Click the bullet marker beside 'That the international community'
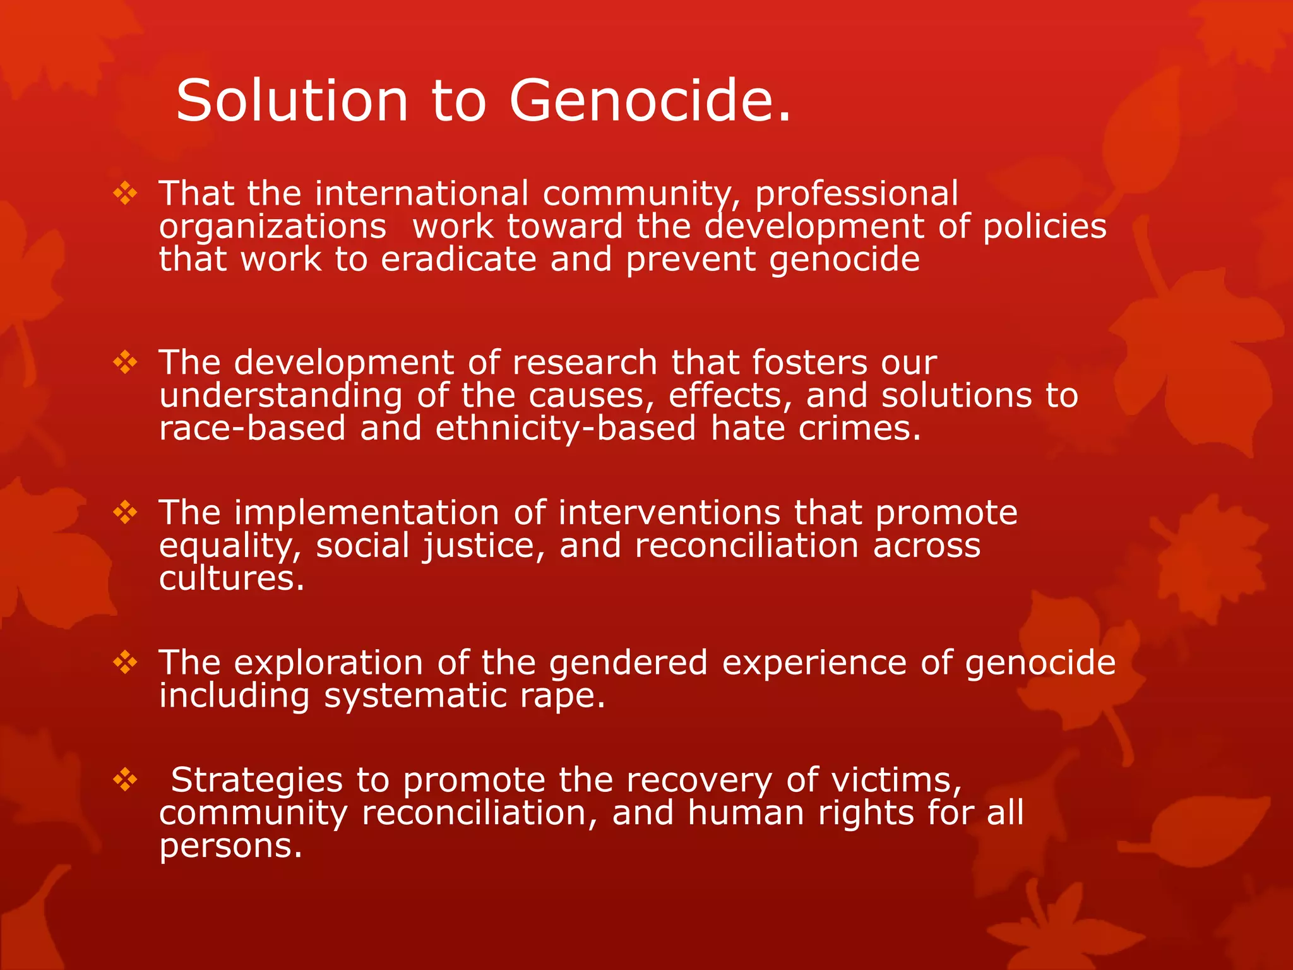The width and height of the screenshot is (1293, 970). [125, 193]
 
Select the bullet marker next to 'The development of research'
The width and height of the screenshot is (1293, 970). [125, 362]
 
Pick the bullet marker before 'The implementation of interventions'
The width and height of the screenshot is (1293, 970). [125, 512]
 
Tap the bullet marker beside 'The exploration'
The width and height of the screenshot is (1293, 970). [125, 662]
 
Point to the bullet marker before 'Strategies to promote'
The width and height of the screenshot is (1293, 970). [125, 780]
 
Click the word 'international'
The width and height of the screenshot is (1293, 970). [421, 193]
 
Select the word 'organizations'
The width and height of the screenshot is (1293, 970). [272, 227]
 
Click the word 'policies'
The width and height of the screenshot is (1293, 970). [1044, 227]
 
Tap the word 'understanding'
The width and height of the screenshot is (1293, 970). [280, 396]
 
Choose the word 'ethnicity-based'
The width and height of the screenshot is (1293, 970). [566, 429]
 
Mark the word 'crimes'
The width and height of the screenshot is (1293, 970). [854, 429]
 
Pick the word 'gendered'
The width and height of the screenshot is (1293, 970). [628, 664]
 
